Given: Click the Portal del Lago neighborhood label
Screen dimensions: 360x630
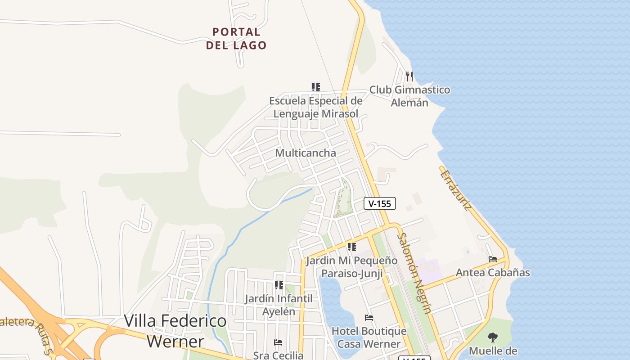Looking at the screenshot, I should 236,39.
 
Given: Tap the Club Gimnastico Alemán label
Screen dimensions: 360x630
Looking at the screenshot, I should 409,96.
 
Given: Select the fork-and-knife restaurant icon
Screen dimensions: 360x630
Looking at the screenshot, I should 409,76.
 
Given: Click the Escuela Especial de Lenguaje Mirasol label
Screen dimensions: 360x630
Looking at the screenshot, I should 316,107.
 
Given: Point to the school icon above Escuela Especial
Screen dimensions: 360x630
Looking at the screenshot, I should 316,87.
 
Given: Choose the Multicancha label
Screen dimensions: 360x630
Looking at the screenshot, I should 306,153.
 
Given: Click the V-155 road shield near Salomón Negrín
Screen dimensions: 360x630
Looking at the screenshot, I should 379,203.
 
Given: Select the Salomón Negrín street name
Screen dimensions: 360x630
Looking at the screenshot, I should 414,273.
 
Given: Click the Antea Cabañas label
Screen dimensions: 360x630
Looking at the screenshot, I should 493,273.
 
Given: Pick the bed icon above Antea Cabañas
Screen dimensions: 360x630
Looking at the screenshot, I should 493,259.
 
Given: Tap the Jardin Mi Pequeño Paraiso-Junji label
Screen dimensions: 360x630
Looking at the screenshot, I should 351,267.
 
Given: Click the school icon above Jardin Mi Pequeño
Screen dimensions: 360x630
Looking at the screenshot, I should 351,247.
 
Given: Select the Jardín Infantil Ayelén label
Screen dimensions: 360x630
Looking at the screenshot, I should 279,305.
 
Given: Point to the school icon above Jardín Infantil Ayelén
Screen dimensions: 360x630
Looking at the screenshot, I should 279,285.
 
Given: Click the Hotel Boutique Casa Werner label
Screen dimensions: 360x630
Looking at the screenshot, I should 369,337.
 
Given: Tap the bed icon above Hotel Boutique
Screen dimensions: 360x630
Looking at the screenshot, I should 369,318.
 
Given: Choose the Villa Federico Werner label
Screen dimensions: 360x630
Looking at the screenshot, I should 175,331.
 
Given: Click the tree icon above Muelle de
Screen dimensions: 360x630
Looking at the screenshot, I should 493,337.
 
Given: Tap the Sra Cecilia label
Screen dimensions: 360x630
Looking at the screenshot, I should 278,355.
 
